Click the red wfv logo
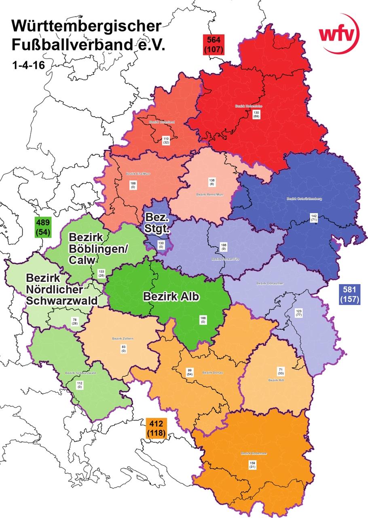coord(339,34)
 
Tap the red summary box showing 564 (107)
coord(214,44)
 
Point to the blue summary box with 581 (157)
coord(349,294)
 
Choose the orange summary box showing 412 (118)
coord(156,428)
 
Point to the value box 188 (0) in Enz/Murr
coord(133,185)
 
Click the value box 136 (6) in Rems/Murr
coord(211,182)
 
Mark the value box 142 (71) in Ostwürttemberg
coord(314,218)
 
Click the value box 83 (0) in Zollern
coord(123,348)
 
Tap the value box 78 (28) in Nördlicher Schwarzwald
coord(74,322)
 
